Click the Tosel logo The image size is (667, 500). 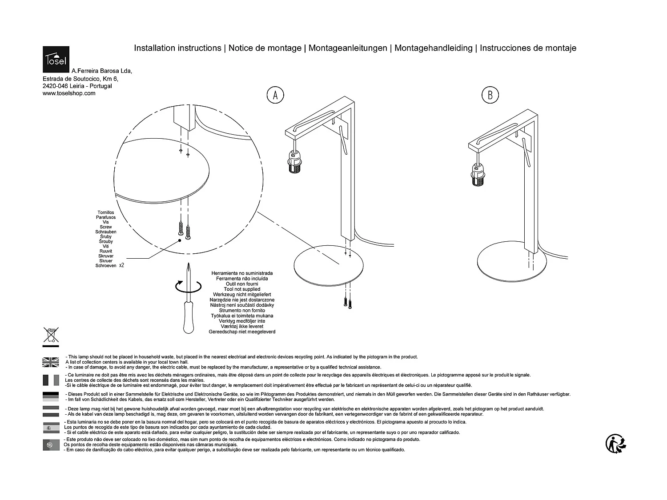tap(56, 59)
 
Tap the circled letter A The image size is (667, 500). tap(275, 95)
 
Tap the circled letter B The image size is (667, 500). tap(490, 95)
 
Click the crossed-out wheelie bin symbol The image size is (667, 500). tap(51, 335)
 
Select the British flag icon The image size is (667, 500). tap(51, 362)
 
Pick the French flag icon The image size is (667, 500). tap(51, 380)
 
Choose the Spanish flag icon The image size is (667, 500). tap(51, 428)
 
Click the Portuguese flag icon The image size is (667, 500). tap(51, 444)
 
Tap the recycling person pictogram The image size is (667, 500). tap(616, 444)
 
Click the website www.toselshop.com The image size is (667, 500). tap(69, 93)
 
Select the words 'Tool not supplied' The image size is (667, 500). tap(242, 289)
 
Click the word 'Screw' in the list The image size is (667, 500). tap(106, 227)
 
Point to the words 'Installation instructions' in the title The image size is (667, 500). tap(177, 48)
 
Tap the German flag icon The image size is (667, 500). tap(51, 396)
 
